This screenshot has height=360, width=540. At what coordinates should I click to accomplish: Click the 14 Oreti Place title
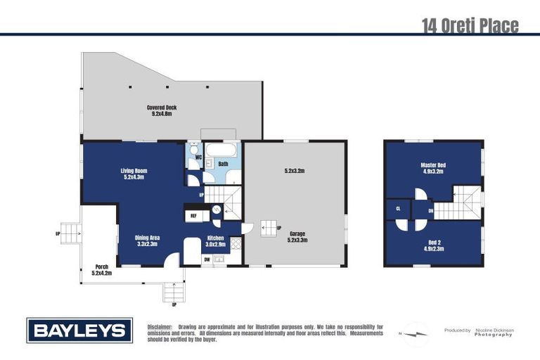(x=470, y=26)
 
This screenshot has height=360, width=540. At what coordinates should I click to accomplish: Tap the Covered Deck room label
(x=162, y=110)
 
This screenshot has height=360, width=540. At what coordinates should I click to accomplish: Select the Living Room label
(x=133, y=174)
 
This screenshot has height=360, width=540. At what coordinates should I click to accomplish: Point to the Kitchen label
(x=215, y=240)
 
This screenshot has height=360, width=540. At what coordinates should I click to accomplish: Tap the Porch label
(x=102, y=269)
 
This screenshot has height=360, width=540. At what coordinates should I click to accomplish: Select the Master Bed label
(x=433, y=167)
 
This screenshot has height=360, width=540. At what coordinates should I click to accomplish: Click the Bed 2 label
(x=433, y=245)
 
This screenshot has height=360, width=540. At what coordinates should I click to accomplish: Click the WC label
(x=199, y=157)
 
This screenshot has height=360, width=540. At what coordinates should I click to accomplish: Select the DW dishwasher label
(x=207, y=259)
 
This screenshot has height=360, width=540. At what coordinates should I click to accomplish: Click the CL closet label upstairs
(x=397, y=209)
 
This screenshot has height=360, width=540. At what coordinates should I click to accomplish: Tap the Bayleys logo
(x=79, y=330)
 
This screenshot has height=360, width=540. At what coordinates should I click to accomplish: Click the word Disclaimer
(x=160, y=327)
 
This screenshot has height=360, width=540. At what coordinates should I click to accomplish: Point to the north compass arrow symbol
(x=416, y=333)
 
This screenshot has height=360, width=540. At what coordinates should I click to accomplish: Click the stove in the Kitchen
(x=236, y=245)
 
